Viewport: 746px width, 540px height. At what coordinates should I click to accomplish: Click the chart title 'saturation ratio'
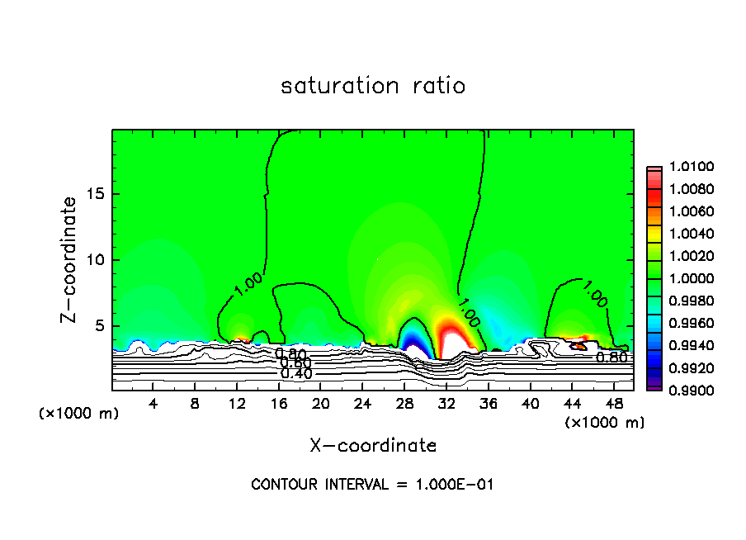pyautogui.click(x=373, y=86)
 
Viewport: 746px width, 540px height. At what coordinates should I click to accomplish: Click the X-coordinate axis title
pyautogui.click(x=373, y=446)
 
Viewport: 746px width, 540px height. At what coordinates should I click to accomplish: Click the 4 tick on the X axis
pyautogui.click(x=153, y=404)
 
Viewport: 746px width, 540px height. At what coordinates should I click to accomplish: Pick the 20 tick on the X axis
pyautogui.click(x=320, y=404)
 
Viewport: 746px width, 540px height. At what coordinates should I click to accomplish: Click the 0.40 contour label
pyautogui.click(x=295, y=373)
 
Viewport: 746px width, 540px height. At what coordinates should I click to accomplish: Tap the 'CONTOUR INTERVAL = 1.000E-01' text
pyautogui.click(x=372, y=485)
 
